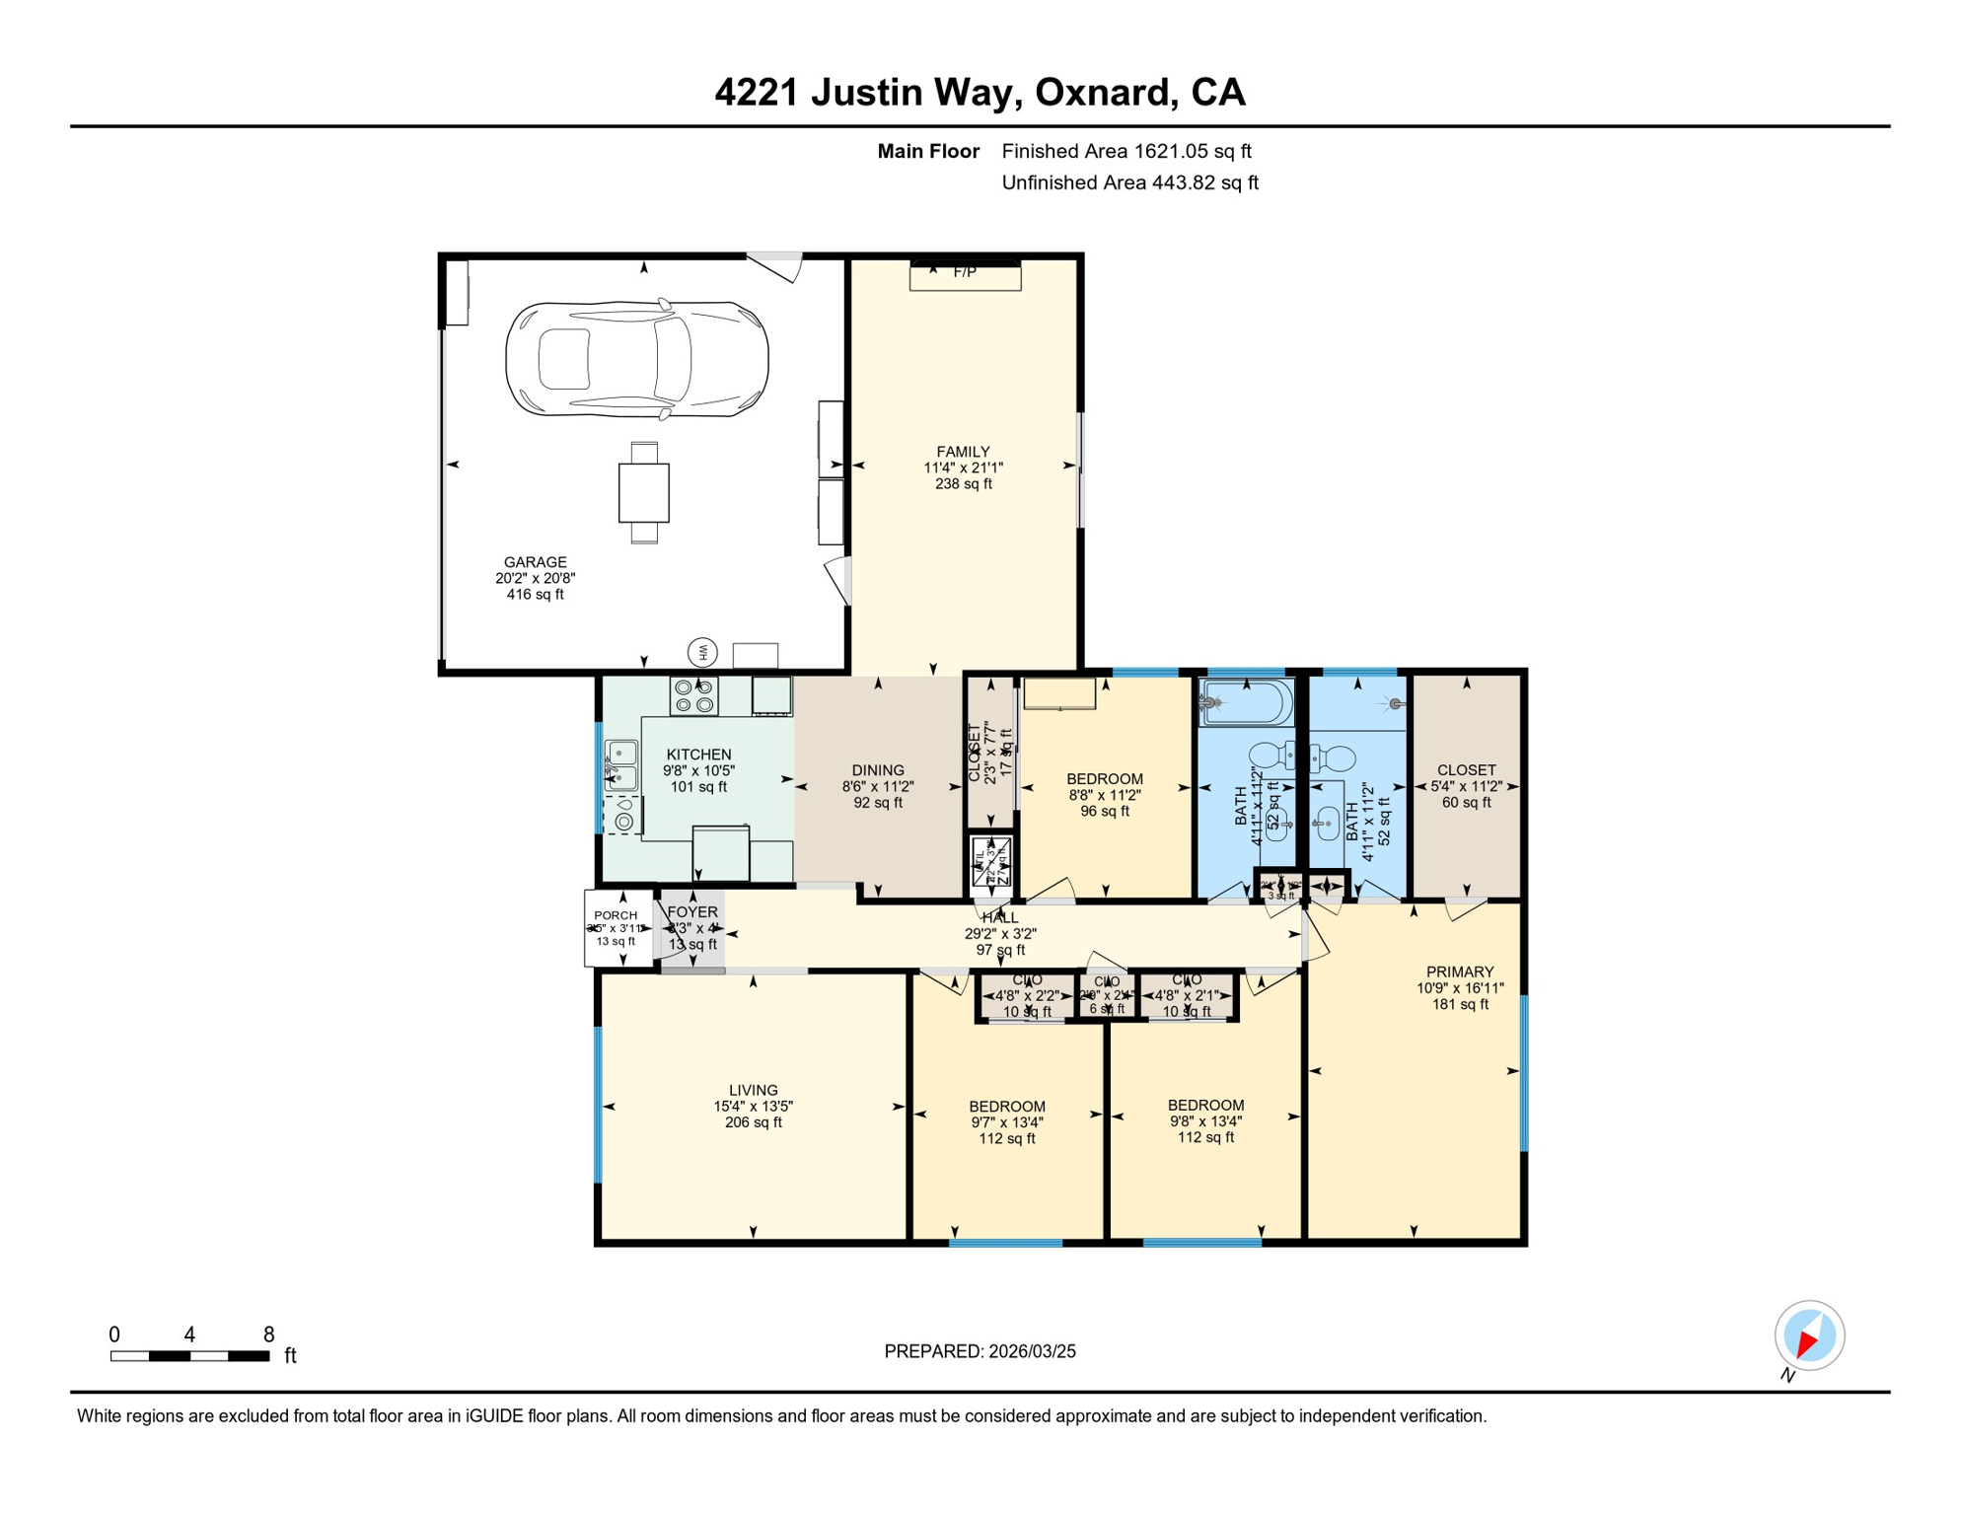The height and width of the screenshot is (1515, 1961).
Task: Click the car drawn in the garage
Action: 636,359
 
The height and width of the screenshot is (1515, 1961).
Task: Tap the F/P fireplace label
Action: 965,272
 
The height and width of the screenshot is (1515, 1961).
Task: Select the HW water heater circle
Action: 702,652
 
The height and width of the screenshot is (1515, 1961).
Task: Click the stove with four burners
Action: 693,696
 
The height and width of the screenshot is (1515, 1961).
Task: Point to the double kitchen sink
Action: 621,766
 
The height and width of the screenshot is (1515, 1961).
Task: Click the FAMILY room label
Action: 963,452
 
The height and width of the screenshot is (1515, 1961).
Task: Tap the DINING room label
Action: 878,770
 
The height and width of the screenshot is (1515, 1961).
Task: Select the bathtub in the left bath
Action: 1246,702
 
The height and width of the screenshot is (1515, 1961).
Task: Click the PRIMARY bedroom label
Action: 1460,972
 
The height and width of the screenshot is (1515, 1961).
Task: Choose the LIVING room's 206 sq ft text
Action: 754,1122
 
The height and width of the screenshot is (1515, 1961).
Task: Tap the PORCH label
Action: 616,915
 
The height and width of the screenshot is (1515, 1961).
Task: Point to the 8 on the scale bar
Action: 268,1335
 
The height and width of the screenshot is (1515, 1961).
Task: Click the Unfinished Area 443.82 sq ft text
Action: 1129,182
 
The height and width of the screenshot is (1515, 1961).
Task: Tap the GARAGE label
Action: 535,562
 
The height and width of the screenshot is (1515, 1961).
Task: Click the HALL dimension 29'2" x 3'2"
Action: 1000,934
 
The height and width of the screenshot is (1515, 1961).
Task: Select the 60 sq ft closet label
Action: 1466,803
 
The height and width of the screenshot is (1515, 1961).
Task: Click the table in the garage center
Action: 643,492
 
